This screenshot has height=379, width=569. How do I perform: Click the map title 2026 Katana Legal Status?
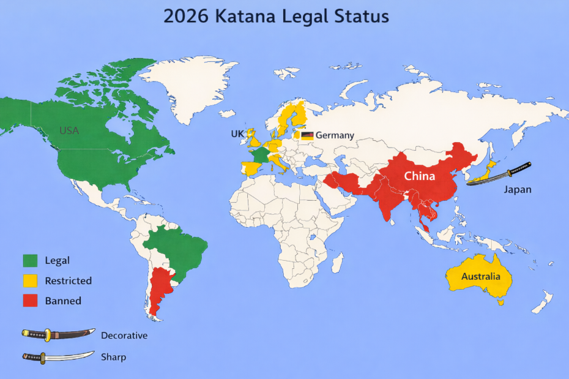[x=276, y=17]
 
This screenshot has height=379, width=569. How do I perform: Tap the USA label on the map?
[x=69, y=130]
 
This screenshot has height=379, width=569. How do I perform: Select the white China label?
[x=419, y=176]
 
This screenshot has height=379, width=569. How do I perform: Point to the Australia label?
[x=480, y=277]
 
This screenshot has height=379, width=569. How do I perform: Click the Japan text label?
[x=517, y=190]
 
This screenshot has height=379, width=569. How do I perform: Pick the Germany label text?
[x=335, y=135]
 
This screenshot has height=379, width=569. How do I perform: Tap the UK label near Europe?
[x=237, y=134]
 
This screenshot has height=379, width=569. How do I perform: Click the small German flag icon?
[x=308, y=135]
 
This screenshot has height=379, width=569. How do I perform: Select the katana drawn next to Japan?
[x=498, y=173]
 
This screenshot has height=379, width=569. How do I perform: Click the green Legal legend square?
[x=30, y=261]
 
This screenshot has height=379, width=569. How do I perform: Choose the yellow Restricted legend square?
[x=30, y=281]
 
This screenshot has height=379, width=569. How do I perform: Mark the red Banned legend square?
[x=30, y=301]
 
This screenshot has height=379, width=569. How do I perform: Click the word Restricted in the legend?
[x=68, y=281]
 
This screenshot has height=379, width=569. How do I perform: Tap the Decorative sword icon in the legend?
[x=58, y=334]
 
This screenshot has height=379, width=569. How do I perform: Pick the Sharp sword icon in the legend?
[x=58, y=356]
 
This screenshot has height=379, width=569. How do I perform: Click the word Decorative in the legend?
[x=124, y=336]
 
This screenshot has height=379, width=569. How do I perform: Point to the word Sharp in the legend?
[x=113, y=356]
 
